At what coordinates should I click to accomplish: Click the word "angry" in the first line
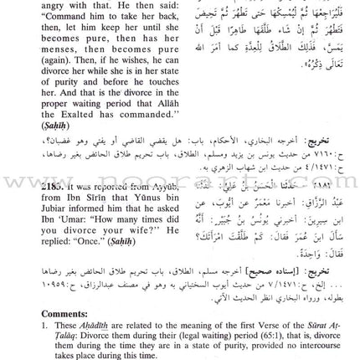click(x=18, y=5)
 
